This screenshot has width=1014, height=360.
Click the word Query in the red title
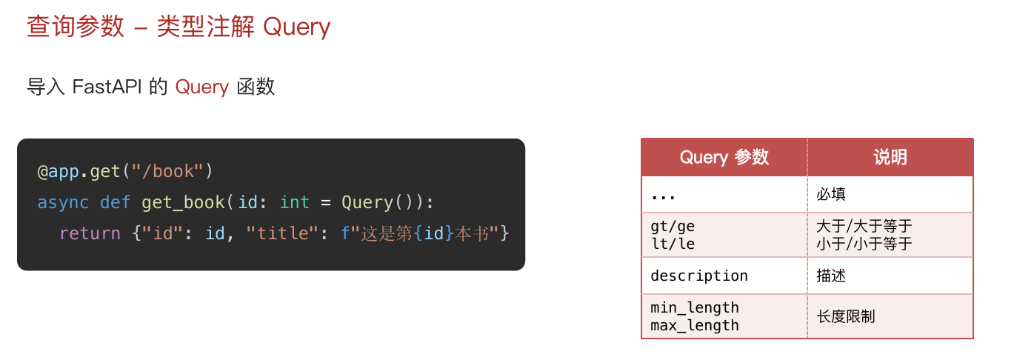[x=296, y=27]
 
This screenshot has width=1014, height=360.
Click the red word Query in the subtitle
[x=201, y=87]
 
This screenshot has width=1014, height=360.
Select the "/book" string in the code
[x=167, y=171]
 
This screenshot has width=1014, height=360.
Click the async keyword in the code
[x=63, y=202]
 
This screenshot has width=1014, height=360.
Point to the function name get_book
[x=184, y=202]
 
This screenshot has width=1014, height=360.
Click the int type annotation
[x=295, y=202]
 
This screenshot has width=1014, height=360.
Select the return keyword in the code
[x=90, y=233]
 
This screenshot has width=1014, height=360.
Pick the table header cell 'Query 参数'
[x=724, y=157]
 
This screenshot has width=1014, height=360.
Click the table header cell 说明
[x=890, y=157]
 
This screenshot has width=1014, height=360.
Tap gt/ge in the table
[x=673, y=226]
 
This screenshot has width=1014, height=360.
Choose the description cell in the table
[x=699, y=276]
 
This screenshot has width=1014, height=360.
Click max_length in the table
[x=695, y=325]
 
